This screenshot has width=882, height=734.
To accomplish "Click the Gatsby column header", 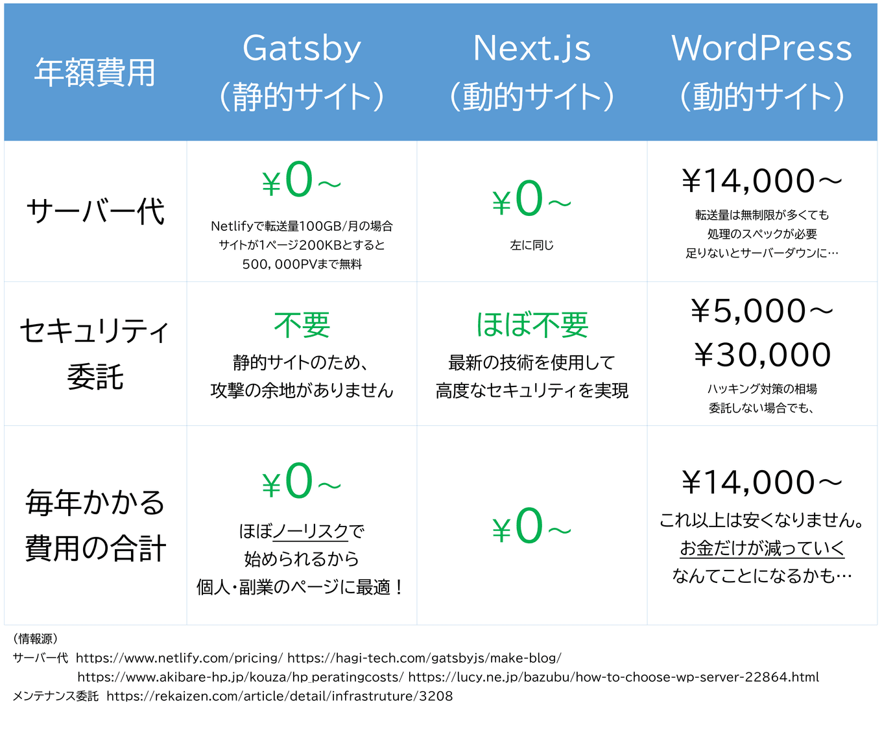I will pyautogui.click(x=302, y=71).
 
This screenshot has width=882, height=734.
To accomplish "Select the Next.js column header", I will pyautogui.click(x=532, y=71).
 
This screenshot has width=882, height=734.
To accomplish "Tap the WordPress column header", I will pyautogui.click(x=762, y=71).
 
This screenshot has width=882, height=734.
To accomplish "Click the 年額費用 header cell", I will pyautogui.click(x=95, y=72).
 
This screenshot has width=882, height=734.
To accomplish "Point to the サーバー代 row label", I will pyautogui.click(x=95, y=211).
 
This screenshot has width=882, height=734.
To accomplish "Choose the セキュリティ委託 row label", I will pyautogui.click(x=95, y=353).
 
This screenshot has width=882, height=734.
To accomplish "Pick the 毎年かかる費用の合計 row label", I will pyautogui.click(x=95, y=525).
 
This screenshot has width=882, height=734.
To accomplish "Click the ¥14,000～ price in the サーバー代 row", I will pyautogui.click(x=762, y=181).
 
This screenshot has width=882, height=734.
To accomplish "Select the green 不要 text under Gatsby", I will pyautogui.click(x=302, y=325).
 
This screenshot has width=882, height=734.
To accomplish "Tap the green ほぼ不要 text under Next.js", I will pyautogui.click(x=532, y=325).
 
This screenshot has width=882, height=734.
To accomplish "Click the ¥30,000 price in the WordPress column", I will pyautogui.click(x=763, y=355).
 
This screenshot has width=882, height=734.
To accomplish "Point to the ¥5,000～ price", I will pyautogui.click(x=762, y=311).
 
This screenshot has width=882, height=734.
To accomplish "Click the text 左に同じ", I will pyautogui.click(x=532, y=245).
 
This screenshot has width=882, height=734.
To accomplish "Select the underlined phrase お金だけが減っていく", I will pyautogui.click(x=762, y=549).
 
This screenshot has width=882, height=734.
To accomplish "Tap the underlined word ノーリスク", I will pyautogui.click(x=311, y=532).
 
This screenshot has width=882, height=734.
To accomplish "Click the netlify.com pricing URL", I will pyautogui.click(x=179, y=658).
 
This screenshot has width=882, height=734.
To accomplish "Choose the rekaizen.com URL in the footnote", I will pyautogui.click(x=280, y=696).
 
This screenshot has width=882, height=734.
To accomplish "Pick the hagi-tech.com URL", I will pyautogui.click(x=424, y=658).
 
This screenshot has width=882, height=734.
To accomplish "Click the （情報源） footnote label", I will pyautogui.click(x=36, y=639).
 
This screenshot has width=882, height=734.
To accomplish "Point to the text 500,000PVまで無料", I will pyautogui.click(x=302, y=265).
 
